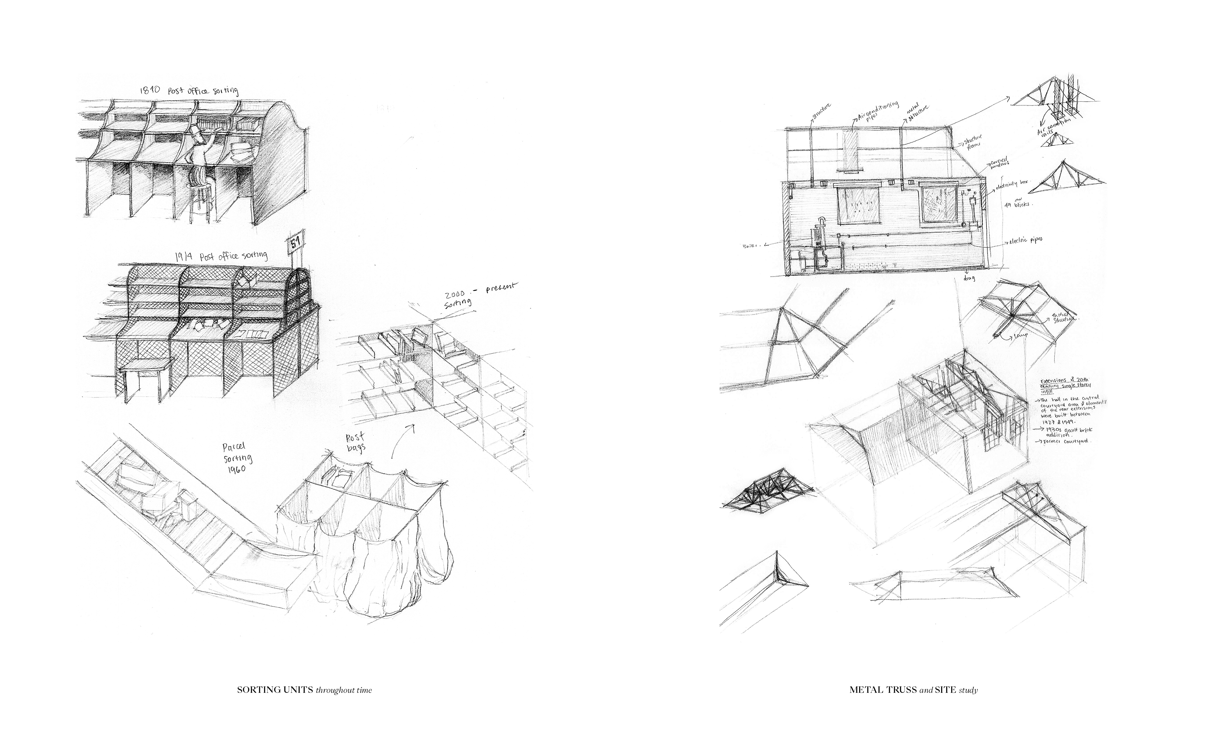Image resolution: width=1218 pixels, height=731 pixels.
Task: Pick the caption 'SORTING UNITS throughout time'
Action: click(304, 690)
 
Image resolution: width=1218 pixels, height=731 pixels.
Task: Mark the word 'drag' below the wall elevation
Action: click(968, 278)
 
